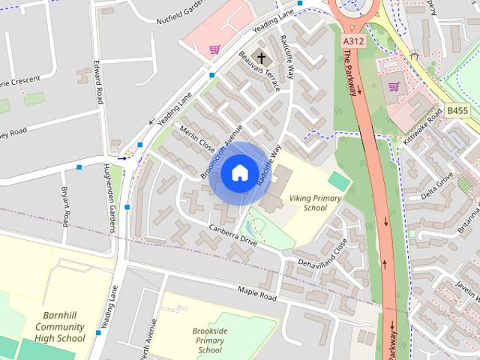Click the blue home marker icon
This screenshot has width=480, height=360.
[239, 173]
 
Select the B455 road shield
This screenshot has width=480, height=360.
[457, 110]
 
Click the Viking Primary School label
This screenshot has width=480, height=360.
[308, 202]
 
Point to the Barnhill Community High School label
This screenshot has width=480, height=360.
[64, 327]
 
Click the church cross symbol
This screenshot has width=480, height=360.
[260, 57]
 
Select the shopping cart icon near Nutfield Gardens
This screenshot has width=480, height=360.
[214, 50]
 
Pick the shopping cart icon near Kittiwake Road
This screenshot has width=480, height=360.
[394, 86]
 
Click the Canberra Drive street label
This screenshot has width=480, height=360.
[233, 235]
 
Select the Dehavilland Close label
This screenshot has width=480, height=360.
[323, 257]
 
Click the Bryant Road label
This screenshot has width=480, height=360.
[65, 206]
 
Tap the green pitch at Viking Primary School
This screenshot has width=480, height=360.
[339, 181]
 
